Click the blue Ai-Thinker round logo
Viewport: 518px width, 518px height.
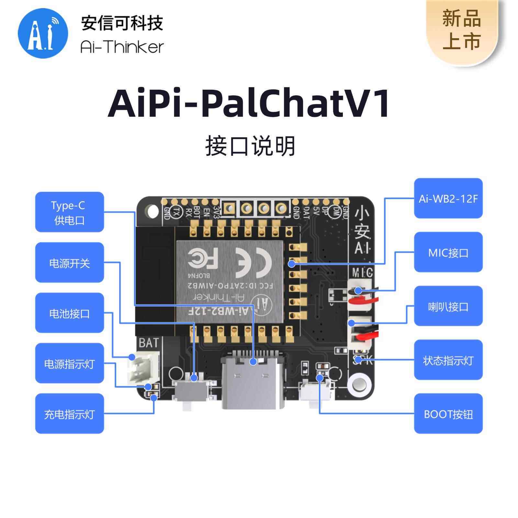(x=43, y=33)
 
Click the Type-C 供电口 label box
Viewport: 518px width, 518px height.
(x=69, y=212)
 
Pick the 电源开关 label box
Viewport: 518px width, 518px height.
(x=69, y=263)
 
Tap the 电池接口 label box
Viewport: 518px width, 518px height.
(x=69, y=313)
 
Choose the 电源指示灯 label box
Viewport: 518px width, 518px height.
(x=69, y=364)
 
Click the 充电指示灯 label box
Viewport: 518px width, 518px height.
(x=69, y=414)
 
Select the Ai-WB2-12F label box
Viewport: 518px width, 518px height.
(x=448, y=198)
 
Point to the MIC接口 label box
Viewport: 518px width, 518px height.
(x=448, y=252)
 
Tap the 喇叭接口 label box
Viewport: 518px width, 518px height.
(x=448, y=306)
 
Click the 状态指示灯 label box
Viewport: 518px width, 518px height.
(x=448, y=360)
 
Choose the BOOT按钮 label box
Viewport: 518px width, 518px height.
(x=448, y=414)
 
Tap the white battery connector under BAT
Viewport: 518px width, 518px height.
(x=143, y=367)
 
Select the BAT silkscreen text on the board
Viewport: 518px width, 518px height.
(x=149, y=343)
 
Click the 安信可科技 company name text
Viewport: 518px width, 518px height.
(x=122, y=23)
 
